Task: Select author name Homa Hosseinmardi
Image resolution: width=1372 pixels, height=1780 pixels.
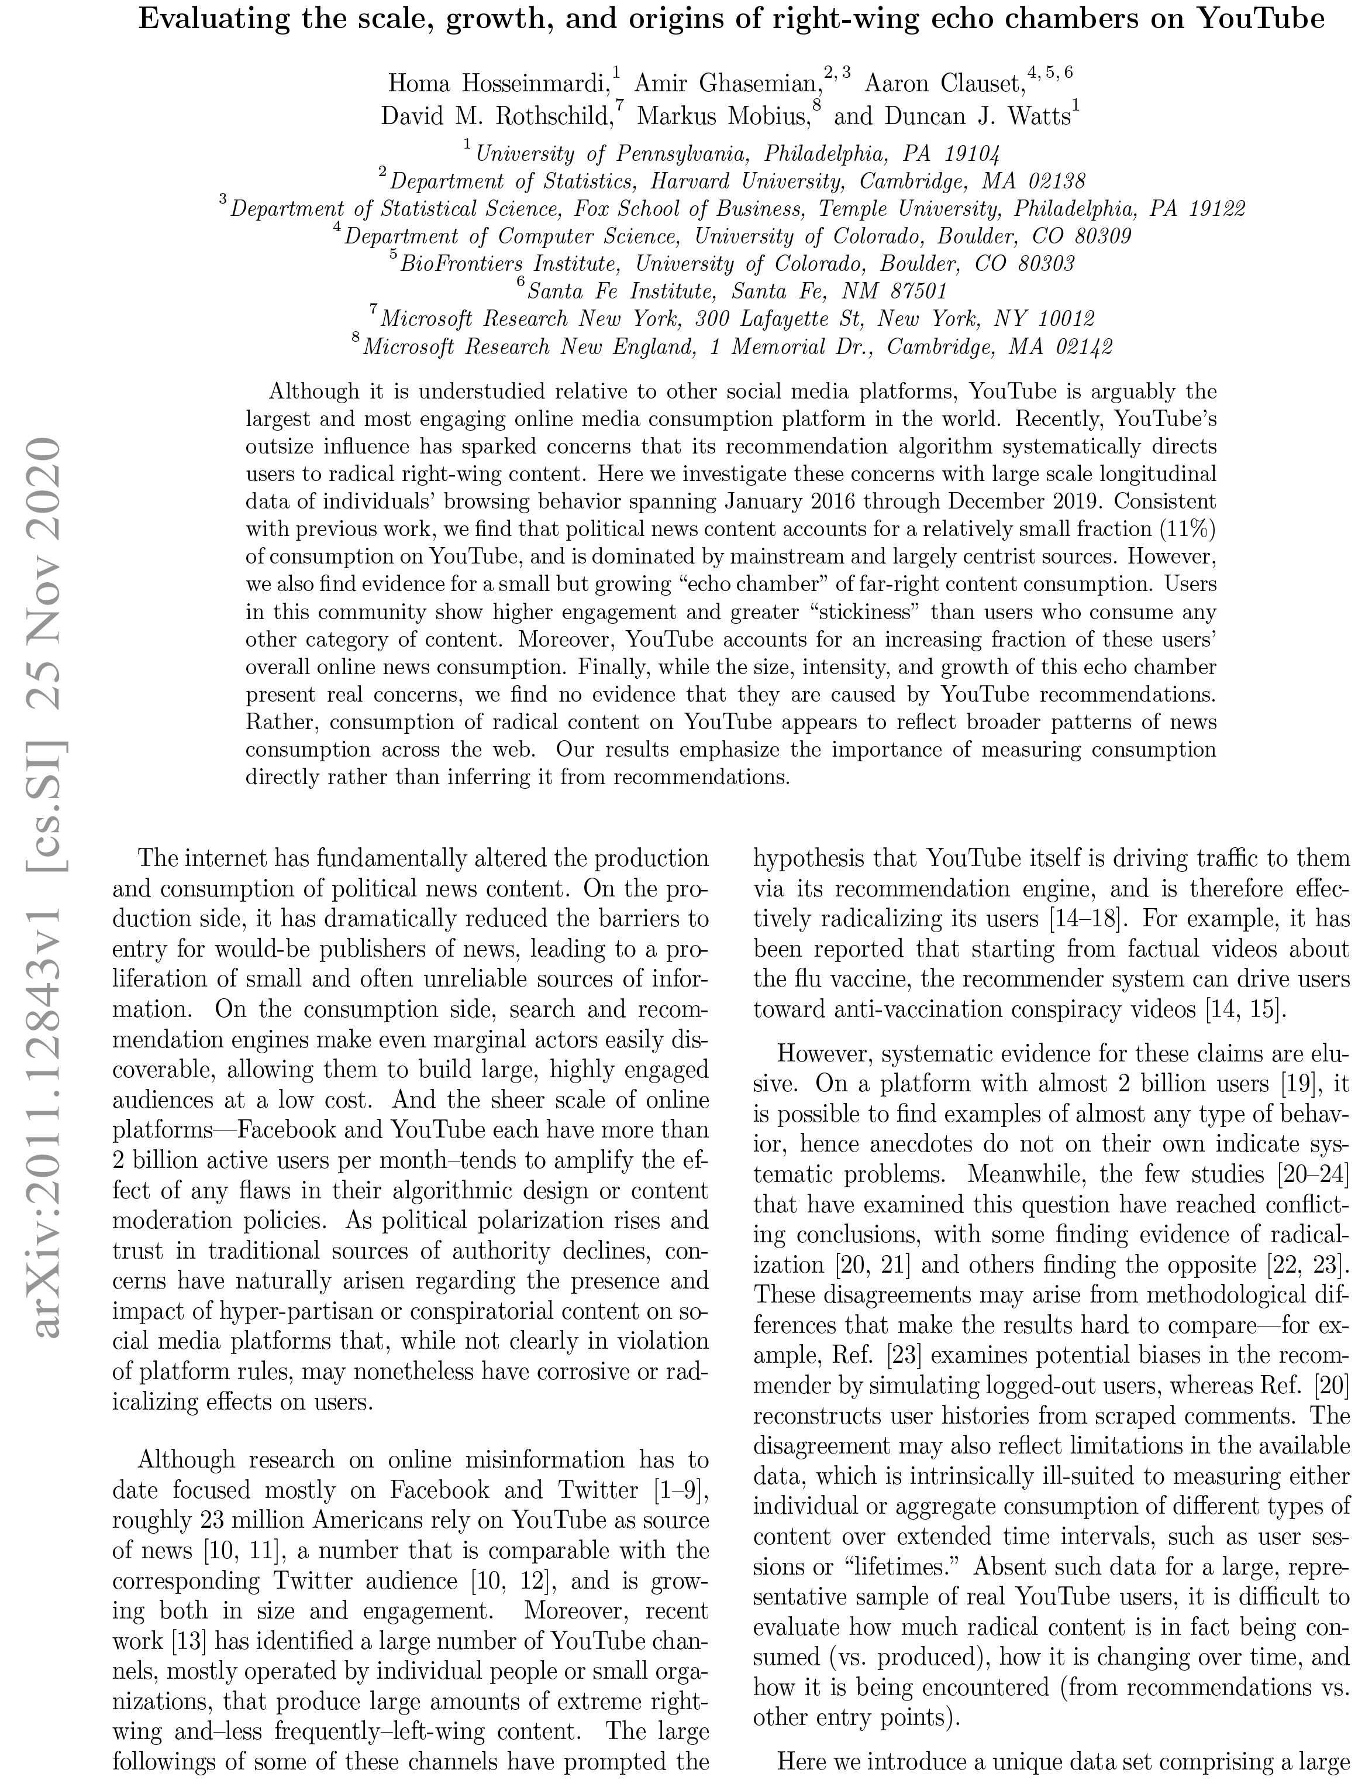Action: (499, 83)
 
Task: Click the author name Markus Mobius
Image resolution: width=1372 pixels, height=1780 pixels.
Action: (723, 118)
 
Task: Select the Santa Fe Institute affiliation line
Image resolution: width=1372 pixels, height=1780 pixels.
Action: (736, 291)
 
